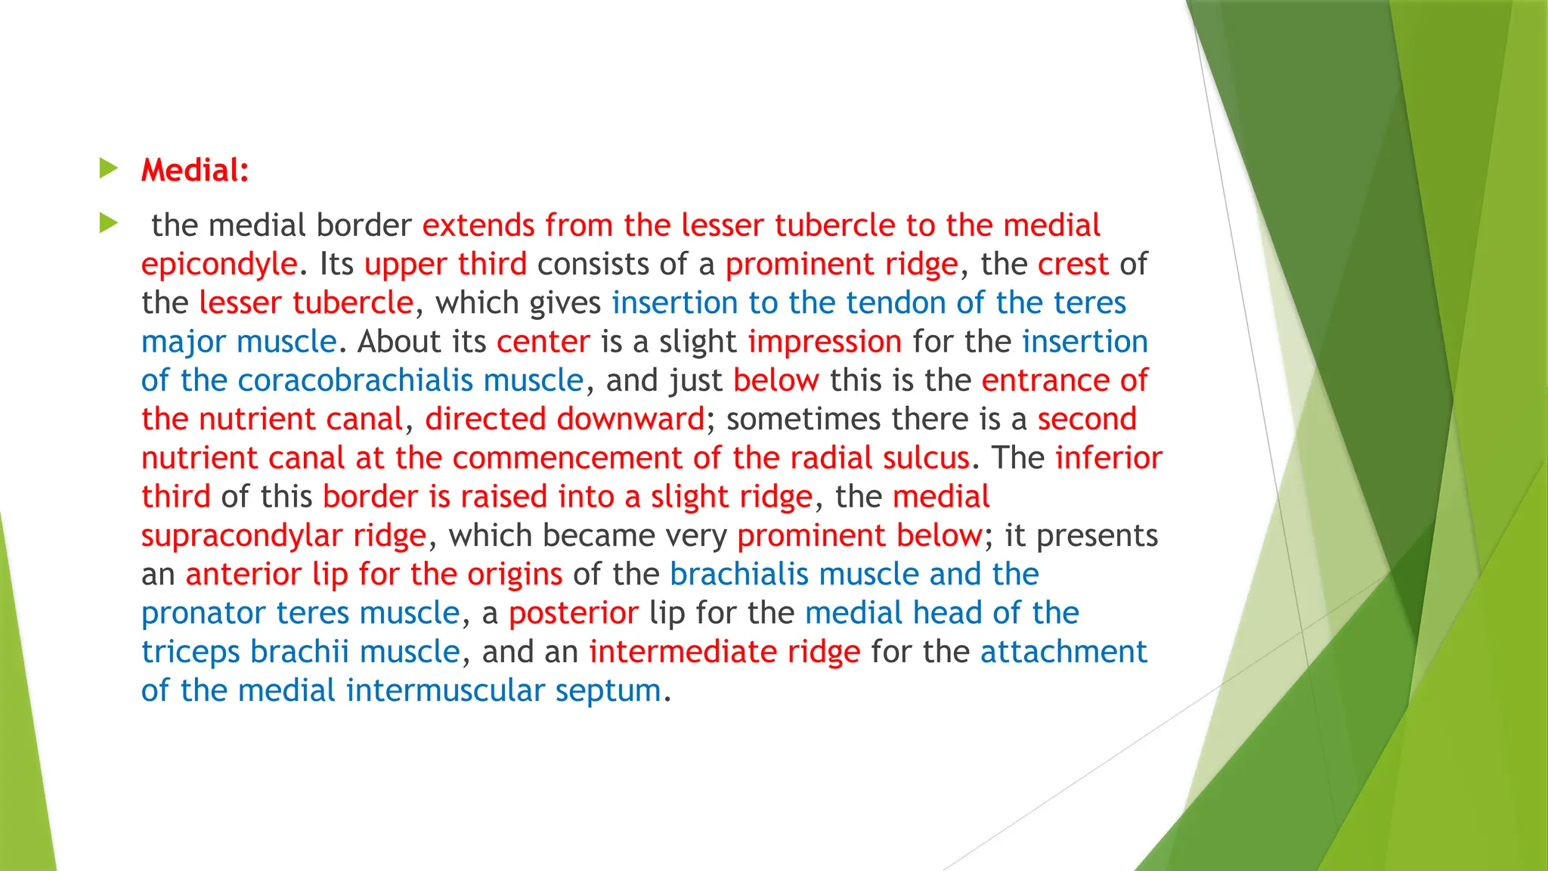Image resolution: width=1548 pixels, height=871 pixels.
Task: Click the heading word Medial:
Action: [195, 170]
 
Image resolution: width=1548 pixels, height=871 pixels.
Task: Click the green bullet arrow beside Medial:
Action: [109, 169]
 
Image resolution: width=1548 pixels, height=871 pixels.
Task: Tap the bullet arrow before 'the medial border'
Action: [109, 223]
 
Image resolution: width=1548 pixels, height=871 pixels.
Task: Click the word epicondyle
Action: [219, 265]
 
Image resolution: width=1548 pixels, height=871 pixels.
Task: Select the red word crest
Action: [1073, 265]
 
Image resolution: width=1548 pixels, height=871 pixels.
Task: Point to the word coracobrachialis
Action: [355, 380]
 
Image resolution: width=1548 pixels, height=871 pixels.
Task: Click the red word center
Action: [543, 342]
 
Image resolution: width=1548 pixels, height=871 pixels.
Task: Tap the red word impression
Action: [825, 342]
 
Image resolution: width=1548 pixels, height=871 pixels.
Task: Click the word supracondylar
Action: [242, 536]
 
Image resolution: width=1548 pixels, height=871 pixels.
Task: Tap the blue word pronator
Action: [203, 613]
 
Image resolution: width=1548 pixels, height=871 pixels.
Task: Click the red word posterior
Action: [574, 613]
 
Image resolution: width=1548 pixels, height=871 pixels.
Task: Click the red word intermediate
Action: [683, 652]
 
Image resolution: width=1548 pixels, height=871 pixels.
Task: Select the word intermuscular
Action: [445, 690]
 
